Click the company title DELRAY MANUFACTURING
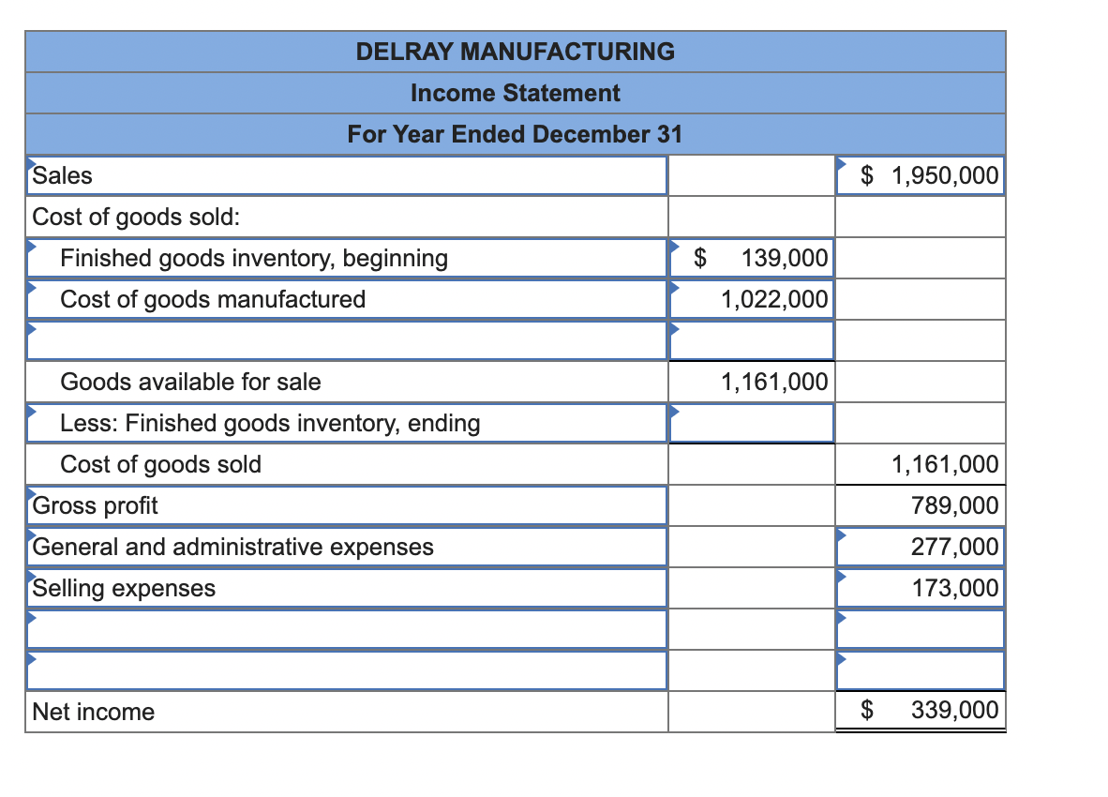coord(516,52)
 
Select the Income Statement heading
coord(516,93)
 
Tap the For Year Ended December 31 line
coord(516,133)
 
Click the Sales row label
coord(62,175)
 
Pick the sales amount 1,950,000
coord(945,175)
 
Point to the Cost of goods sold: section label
coord(136,217)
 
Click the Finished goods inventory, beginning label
coord(254,259)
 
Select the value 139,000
coord(785,258)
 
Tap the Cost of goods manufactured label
coord(213,300)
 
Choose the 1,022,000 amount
coord(774,300)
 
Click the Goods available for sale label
coord(191,382)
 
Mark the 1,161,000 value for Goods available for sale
coord(774,382)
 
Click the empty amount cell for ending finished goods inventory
coord(752,423)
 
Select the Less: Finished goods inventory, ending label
coord(270,423)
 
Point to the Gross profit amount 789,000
coord(954,505)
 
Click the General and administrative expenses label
coord(233,547)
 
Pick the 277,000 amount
coord(954,546)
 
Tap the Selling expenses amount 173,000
coord(954,588)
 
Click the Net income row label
coord(94,712)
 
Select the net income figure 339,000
coord(954,710)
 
